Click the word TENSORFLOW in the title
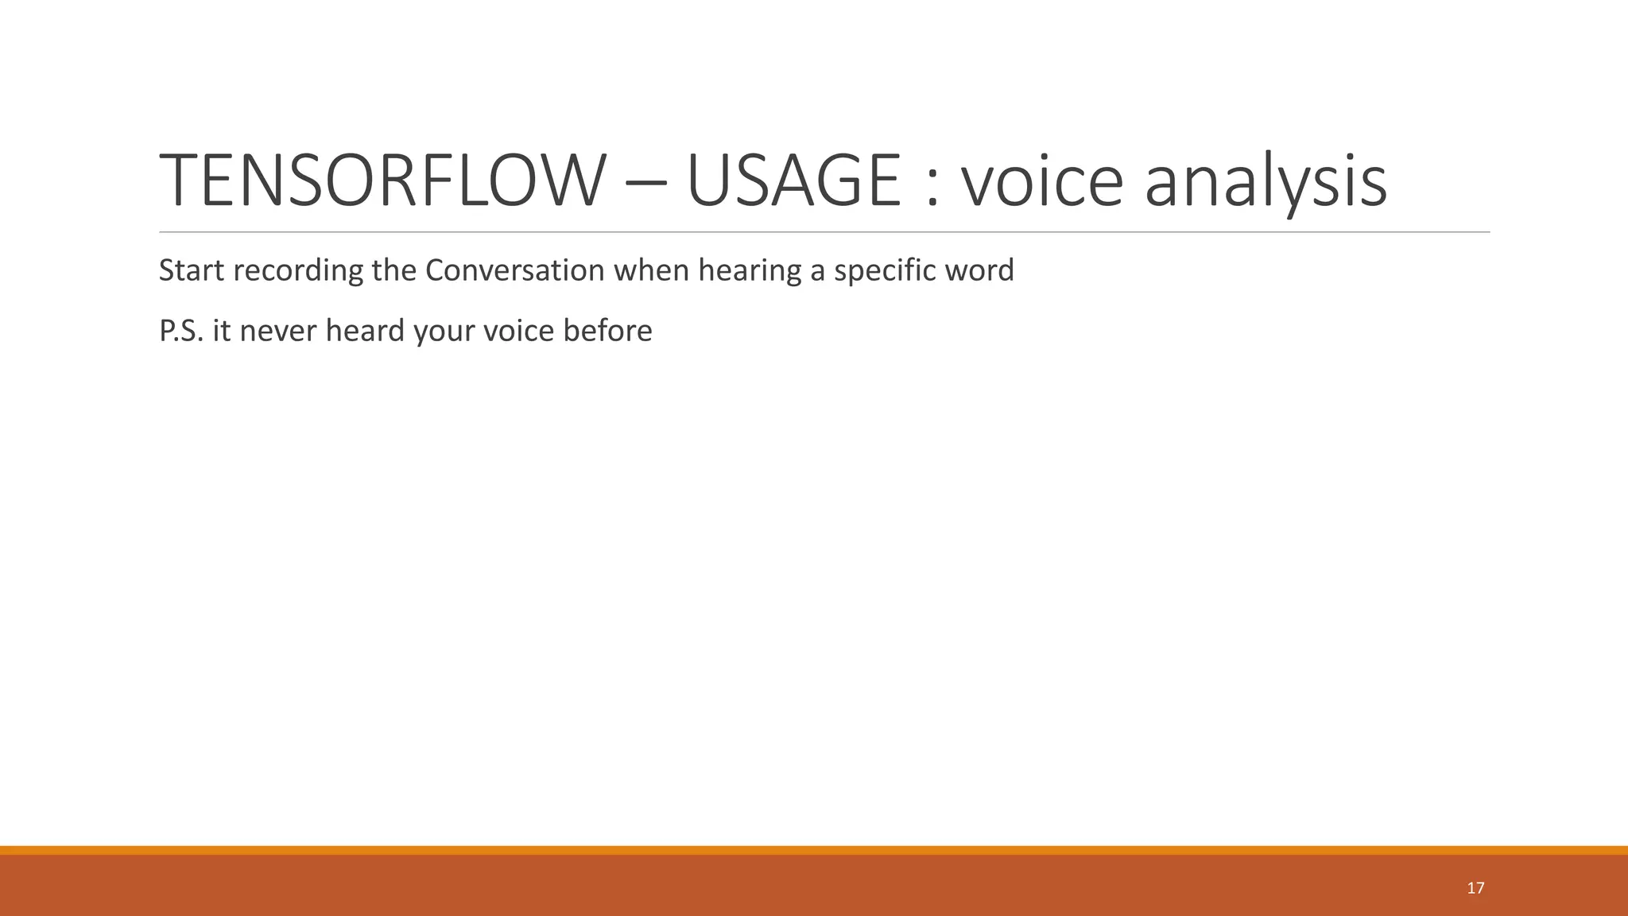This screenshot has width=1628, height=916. [x=378, y=181]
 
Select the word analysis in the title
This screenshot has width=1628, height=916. [x=1266, y=181]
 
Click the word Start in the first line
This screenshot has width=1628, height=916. [x=192, y=270]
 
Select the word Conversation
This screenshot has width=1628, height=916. [x=515, y=270]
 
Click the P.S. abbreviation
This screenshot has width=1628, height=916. [x=181, y=331]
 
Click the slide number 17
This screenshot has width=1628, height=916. [x=1475, y=888]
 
